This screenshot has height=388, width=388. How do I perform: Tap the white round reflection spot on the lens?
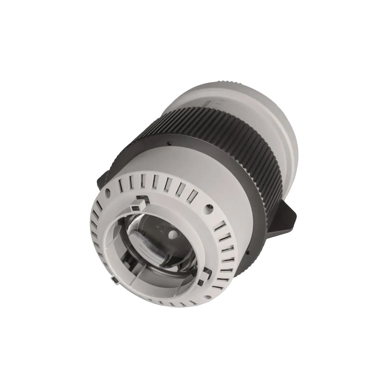pyautogui.click(x=173, y=235)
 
